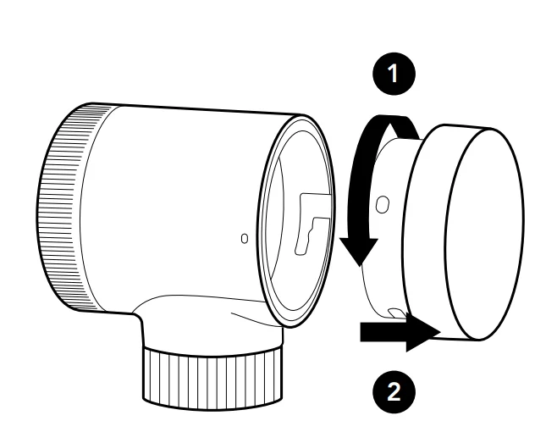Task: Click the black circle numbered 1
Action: pos(394,74)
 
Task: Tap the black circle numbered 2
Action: pos(394,392)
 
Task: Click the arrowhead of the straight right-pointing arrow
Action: pos(423,333)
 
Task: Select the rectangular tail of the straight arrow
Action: pos(383,332)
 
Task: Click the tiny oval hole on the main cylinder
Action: pos(245,238)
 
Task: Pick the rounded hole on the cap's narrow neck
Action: pos(383,204)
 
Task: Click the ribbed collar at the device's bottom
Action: pos(213,377)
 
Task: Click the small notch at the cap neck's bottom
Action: pos(397,313)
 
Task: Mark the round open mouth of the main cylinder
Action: pos(296,221)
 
